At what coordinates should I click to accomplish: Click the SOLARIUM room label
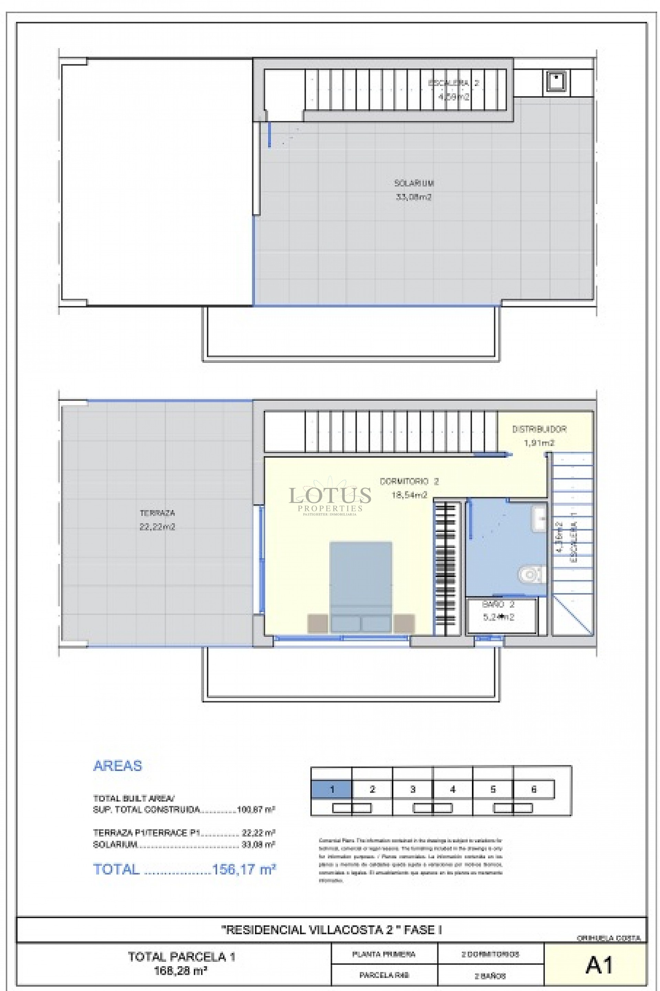pyautogui.click(x=414, y=183)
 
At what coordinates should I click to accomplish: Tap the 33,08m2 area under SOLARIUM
pyautogui.click(x=414, y=197)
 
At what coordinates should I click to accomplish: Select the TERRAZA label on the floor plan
pyautogui.click(x=157, y=513)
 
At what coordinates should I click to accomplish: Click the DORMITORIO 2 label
pyautogui.click(x=409, y=481)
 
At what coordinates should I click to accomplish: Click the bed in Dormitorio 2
pyautogui.click(x=361, y=585)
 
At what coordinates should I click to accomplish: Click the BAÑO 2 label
pyautogui.click(x=498, y=605)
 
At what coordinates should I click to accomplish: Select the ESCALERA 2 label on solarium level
pyautogui.click(x=453, y=83)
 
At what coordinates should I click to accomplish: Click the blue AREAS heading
pyautogui.click(x=118, y=766)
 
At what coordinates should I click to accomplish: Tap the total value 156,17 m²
pyautogui.click(x=244, y=869)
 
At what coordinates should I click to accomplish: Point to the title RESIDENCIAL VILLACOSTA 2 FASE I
pyautogui.click(x=331, y=929)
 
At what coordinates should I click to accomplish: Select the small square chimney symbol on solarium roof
pyautogui.click(x=556, y=81)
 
